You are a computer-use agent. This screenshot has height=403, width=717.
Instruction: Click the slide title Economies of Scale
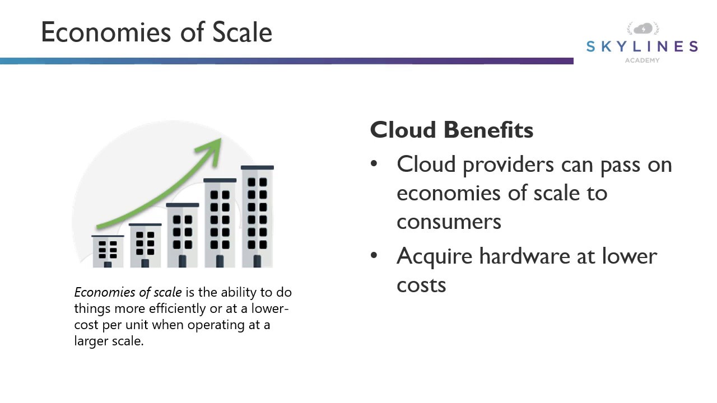coord(156,32)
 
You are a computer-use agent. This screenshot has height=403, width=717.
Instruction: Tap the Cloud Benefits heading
coord(451,130)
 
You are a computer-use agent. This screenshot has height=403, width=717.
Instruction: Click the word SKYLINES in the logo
coord(642,46)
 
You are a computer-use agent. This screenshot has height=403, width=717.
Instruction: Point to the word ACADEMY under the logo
coord(642,60)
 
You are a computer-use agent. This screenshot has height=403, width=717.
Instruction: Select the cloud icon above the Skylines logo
coord(643,29)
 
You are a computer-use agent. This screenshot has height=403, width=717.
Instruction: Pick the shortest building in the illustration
coord(108,251)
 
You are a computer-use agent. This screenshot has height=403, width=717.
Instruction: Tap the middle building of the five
coord(182,235)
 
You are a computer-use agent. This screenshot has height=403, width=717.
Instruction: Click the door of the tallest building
coord(257,261)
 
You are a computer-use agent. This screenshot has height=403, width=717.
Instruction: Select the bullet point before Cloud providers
coord(374,164)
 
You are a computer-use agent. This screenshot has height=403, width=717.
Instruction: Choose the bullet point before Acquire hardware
coord(374,255)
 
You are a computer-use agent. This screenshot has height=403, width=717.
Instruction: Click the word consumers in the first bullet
coord(449,222)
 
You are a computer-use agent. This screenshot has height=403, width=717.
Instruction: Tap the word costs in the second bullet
coord(421,284)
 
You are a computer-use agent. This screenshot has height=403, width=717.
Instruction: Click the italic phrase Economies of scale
coord(128,292)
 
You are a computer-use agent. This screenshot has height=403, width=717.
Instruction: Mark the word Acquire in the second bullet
coord(435,256)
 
